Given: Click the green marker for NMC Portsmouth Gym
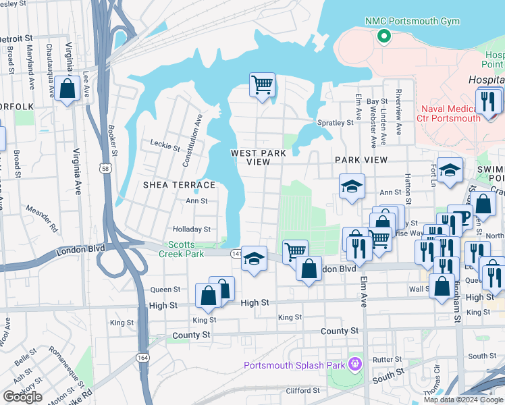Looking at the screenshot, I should point(384,36).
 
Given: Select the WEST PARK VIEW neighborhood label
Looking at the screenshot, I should point(259,157).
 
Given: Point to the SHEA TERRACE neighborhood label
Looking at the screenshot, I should point(179,185).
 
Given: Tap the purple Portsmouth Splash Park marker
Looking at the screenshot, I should point(354,366).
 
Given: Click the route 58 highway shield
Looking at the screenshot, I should point(106,168).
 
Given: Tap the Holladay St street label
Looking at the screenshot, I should point(192,230).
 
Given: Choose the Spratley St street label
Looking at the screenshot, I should point(336,123).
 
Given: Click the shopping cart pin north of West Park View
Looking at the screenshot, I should point(262,86).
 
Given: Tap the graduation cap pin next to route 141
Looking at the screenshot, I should point(254,259).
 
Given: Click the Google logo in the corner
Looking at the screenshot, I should point(22,396).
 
